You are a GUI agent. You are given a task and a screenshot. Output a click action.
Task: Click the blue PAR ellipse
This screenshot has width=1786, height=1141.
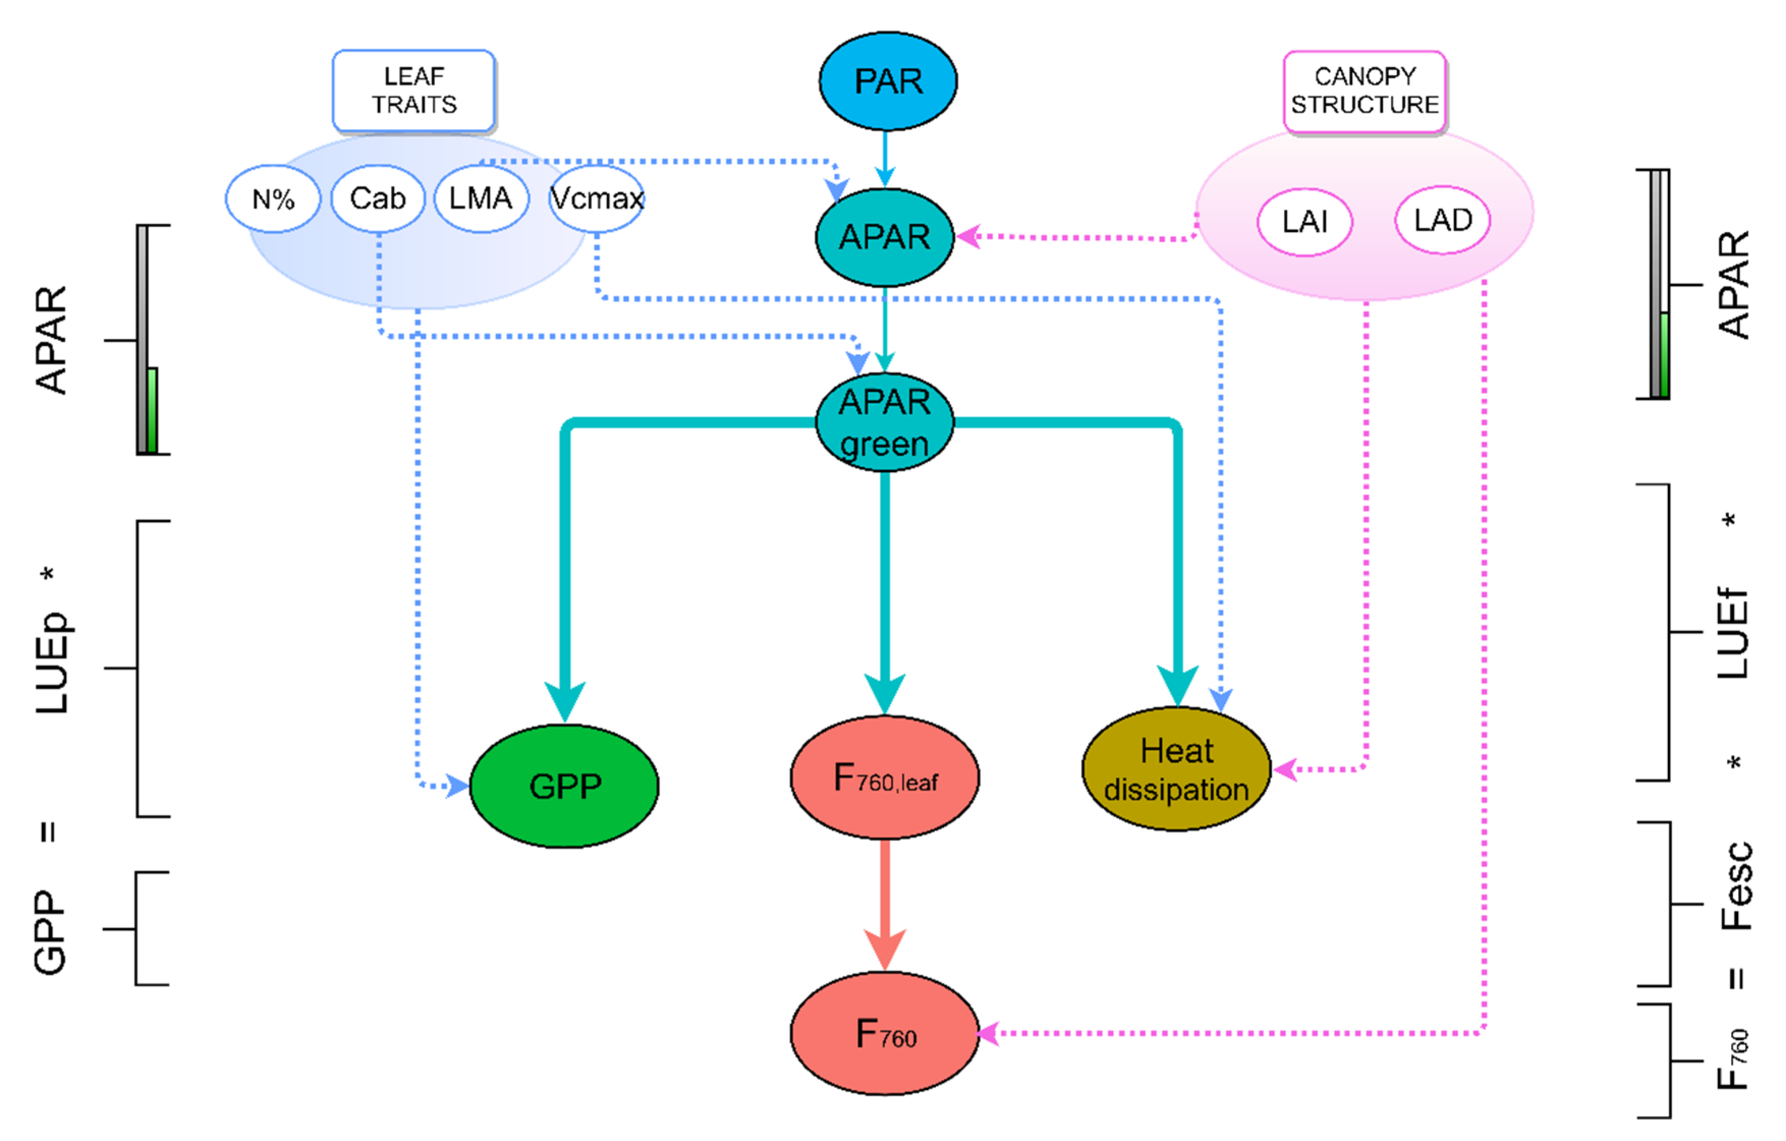click(x=888, y=81)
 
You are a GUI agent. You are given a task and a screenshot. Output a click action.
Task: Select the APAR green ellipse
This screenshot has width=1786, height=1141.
click(x=884, y=423)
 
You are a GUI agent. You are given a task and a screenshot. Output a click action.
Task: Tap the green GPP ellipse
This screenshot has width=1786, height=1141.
click(x=564, y=786)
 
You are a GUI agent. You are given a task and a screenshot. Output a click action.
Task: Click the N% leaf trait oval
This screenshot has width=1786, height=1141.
click(x=273, y=199)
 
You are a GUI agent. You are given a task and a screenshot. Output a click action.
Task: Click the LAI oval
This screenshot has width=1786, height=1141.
click(x=1305, y=222)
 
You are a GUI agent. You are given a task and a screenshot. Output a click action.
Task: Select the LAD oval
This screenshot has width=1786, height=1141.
click(x=1442, y=220)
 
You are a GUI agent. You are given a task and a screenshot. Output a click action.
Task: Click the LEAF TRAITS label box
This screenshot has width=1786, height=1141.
click(x=414, y=91)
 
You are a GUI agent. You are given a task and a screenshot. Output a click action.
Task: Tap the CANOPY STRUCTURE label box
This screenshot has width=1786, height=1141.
click(x=1364, y=91)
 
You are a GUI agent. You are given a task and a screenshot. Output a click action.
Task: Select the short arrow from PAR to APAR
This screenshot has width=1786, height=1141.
click(x=884, y=158)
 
